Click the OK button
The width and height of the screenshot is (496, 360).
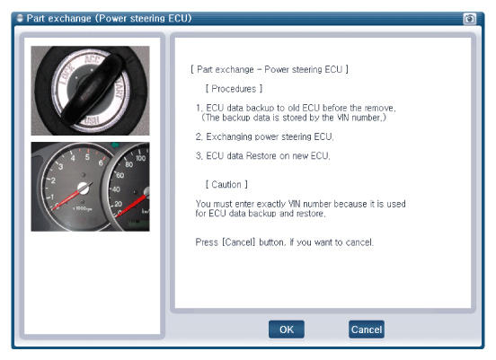(287, 329)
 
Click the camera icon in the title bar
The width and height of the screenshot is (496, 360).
(469, 19)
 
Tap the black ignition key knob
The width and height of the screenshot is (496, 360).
(92, 89)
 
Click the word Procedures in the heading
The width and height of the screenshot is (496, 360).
(234, 89)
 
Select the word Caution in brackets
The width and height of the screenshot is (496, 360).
(226, 184)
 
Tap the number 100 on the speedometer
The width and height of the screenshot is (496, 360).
(140, 157)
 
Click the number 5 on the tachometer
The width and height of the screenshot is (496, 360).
(87, 157)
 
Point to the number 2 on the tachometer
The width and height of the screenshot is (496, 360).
(53, 180)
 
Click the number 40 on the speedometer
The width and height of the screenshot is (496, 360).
(116, 189)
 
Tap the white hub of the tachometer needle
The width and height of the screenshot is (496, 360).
(84, 188)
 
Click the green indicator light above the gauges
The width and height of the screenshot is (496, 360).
(115, 145)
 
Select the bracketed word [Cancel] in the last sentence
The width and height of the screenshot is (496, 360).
(239, 242)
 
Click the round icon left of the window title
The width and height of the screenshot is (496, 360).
(20, 18)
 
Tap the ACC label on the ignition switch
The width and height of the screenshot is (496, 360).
(92, 60)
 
